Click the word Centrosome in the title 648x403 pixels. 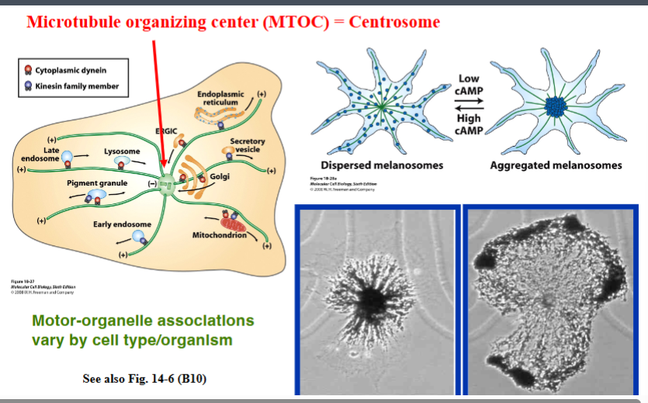point(393,21)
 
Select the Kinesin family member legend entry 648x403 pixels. point(76,86)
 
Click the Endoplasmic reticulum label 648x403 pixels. point(220,98)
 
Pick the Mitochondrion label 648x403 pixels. point(219,234)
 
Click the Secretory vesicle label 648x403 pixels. point(248,145)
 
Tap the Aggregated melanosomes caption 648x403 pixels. point(556,165)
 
